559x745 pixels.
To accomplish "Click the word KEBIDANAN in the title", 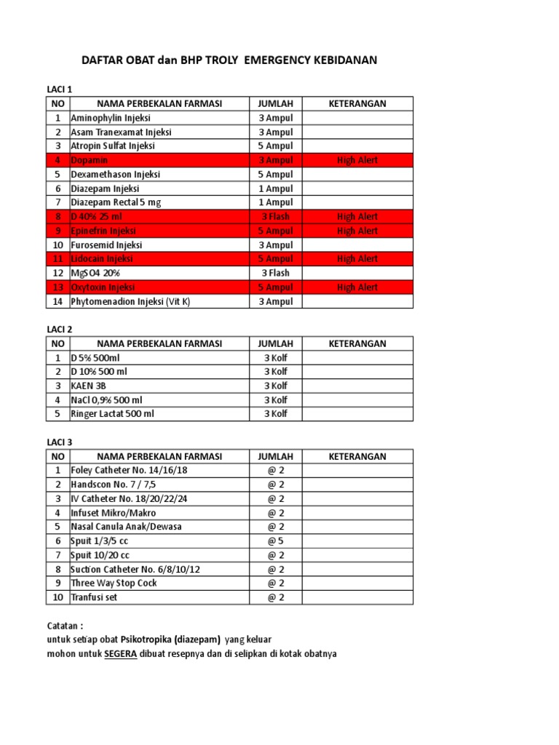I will (x=342, y=60).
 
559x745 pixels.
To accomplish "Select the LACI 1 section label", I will (x=60, y=89).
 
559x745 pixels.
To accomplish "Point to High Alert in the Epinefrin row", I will (x=357, y=231).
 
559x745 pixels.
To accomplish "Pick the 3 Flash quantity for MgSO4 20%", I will (x=276, y=273).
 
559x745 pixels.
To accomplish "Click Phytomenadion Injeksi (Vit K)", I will (x=130, y=301).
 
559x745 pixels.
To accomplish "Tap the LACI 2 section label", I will (x=60, y=329).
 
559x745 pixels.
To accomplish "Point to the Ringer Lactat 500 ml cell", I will (x=113, y=414).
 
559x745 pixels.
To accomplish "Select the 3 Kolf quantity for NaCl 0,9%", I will (x=276, y=400).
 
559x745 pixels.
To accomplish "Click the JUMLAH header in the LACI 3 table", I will (x=276, y=456).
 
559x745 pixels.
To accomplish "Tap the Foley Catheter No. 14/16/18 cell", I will (x=129, y=470).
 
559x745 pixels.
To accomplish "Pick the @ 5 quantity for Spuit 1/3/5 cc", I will (x=276, y=541).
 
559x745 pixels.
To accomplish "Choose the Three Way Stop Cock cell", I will (x=114, y=583).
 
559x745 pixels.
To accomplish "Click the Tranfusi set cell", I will (x=94, y=597).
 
